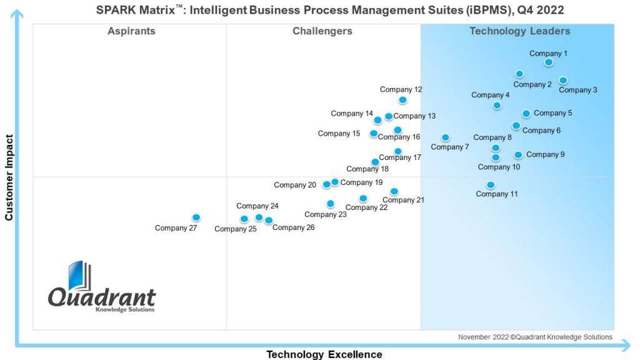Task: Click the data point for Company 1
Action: (549, 62)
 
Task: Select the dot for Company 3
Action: (563, 81)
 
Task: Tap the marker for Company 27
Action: (196, 217)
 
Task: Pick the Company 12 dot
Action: (403, 100)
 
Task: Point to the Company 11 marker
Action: (491, 185)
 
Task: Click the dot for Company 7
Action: (446, 137)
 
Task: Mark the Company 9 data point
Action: (518, 155)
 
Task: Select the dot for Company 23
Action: (331, 204)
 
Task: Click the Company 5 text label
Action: (553, 113)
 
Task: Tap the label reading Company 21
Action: (403, 200)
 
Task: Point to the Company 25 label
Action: (236, 229)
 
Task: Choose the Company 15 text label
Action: (339, 134)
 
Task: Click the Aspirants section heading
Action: (131, 31)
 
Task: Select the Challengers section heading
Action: (322, 31)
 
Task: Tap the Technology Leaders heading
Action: (520, 31)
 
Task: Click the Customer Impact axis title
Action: (9, 178)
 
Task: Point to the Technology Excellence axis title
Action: (324, 354)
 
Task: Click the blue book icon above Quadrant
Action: (79, 275)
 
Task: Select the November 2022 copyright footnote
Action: (535, 337)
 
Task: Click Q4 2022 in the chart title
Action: (541, 10)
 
